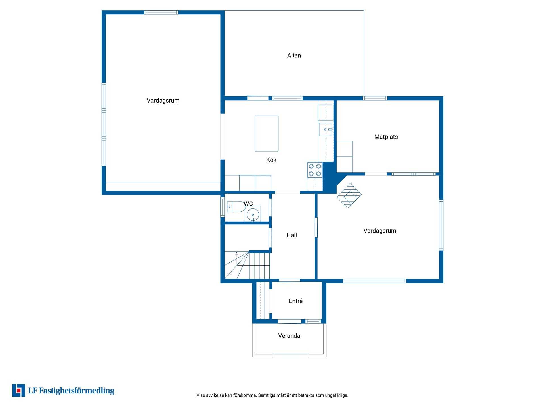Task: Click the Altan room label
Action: [294, 55]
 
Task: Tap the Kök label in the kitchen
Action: [271, 160]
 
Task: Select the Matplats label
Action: [386, 137]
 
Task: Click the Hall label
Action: [292, 235]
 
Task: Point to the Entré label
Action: [296, 301]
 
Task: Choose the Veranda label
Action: [289, 336]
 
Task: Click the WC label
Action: [248, 204]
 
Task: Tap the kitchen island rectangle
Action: [267, 133]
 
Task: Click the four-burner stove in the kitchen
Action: [315, 170]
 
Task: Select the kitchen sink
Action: [325, 130]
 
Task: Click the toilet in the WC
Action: [236, 206]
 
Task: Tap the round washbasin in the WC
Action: [253, 214]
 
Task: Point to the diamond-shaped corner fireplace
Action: [349, 196]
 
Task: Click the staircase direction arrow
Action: [237, 258]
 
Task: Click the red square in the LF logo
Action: [19, 391]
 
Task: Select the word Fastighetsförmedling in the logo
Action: [77, 391]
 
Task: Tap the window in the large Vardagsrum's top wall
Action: [161, 12]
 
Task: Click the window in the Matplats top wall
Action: [375, 98]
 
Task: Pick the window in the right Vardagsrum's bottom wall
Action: [375, 281]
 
